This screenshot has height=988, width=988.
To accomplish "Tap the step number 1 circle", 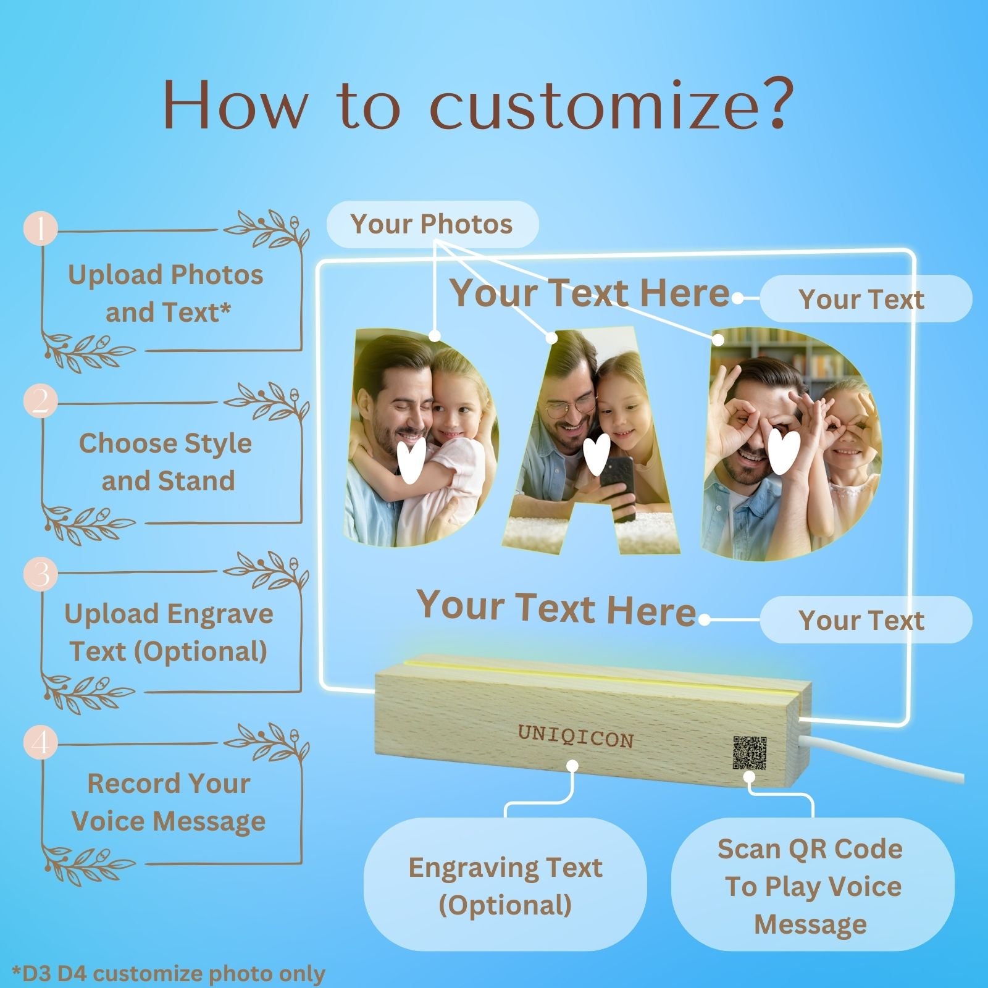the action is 41,229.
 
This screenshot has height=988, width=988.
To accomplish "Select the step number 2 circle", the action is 41,401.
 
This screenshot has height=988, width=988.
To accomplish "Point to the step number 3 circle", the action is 41,574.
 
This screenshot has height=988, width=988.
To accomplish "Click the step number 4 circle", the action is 41,743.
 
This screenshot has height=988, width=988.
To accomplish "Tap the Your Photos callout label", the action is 432,224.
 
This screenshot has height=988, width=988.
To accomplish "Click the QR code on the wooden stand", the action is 750,752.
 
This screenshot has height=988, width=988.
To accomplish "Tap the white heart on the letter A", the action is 597,454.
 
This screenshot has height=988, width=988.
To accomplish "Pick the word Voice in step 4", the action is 107,821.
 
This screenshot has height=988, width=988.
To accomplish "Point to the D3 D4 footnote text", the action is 169,974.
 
